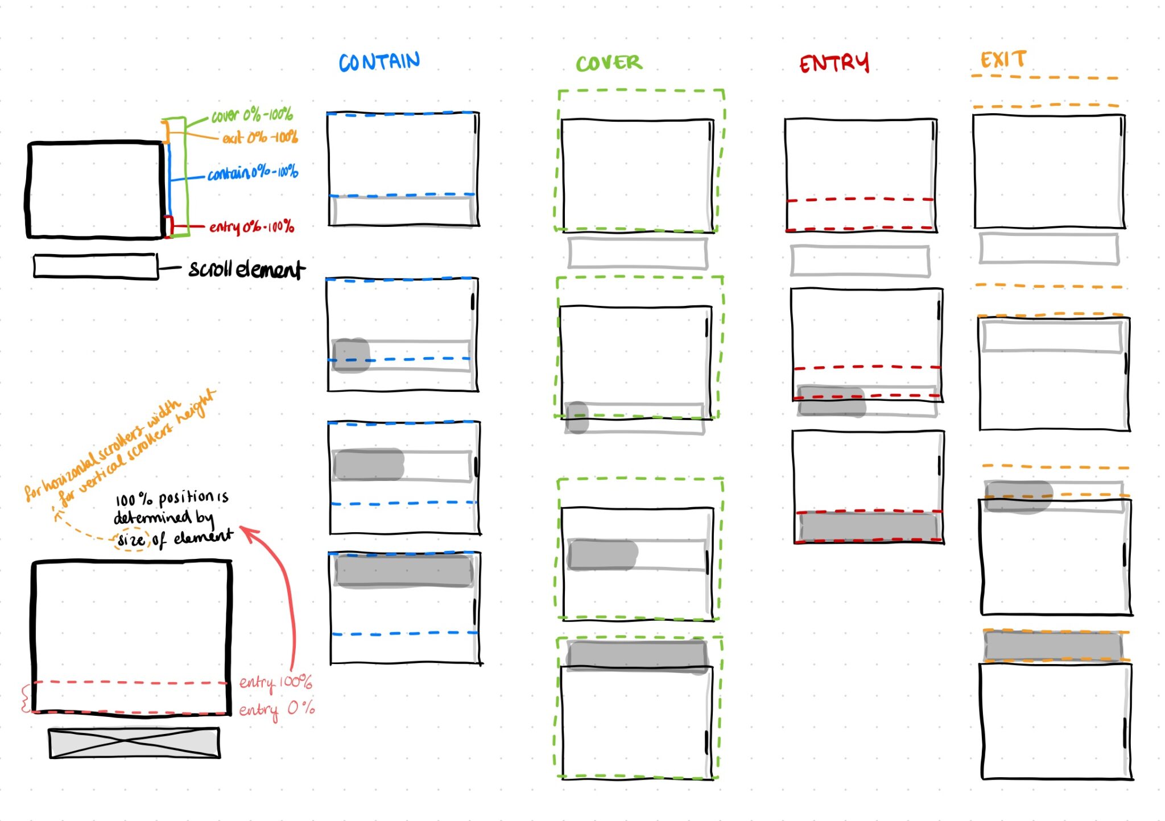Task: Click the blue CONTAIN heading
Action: [x=379, y=62]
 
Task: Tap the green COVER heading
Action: [x=609, y=63]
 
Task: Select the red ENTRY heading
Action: [x=834, y=63]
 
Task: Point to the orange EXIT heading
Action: [x=1003, y=60]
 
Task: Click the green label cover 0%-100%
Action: [x=252, y=115]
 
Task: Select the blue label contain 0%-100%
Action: [x=253, y=172]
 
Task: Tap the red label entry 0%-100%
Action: [x=251, y=227]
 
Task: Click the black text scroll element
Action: [x=246, y=269]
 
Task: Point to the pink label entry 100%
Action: [x=275, y=682]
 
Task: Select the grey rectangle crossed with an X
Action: [x=134, y=743]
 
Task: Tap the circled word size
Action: [x=131, y=540]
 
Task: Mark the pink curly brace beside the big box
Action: [x=25, y=698]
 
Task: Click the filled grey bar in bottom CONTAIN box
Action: [x=404, y=571]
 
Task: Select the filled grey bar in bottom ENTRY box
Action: [x=867, y=526]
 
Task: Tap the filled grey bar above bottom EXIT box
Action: [x=1053, y=646]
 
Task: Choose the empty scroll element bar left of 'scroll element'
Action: [x=95, y=266]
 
